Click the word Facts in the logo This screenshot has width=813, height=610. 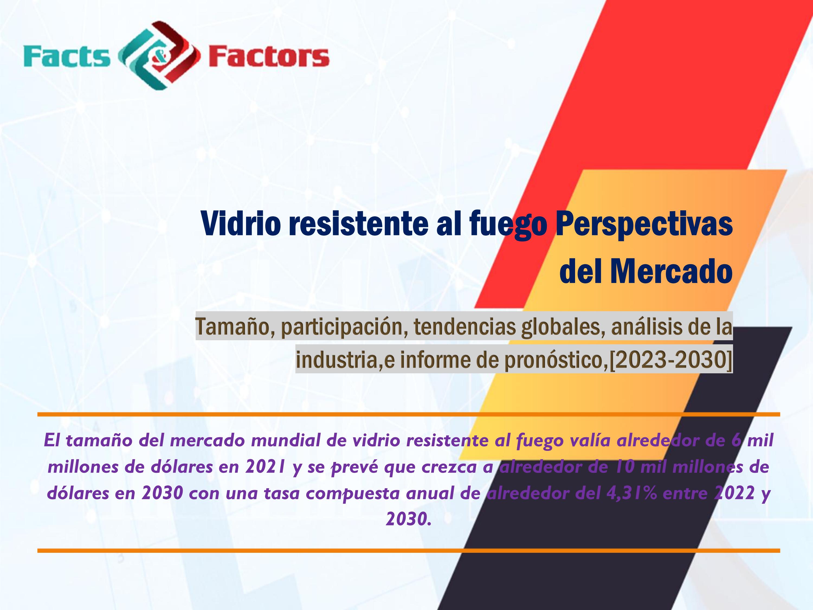(x=67, y=57)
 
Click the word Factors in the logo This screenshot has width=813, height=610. (x=269, y=57)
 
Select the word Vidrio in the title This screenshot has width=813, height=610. (x=241, y=224)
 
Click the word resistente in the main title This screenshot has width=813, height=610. (x=358, y=224)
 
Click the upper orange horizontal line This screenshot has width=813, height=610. (x=409, y=414)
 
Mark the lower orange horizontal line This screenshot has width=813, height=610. (x=409, y=550)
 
